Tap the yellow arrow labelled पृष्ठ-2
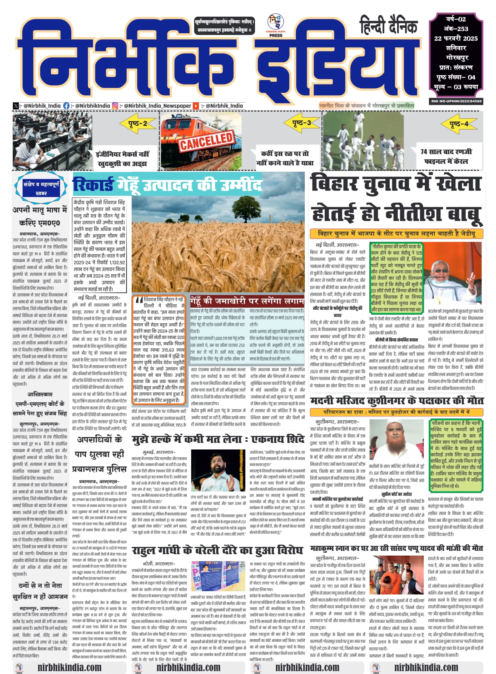pyautogui.click(x=138, y=123)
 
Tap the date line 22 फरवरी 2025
pyautogui.click(x=456, y=38)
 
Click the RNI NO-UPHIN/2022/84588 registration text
pyautogui.click(x=456, y=101)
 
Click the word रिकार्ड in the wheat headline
pyautogui.click(x=93, y=184)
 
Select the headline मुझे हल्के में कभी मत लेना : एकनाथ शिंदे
pyautogui.click(x=218, y=439)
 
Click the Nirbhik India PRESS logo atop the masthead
pyautogui.click(x=276, y=26)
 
